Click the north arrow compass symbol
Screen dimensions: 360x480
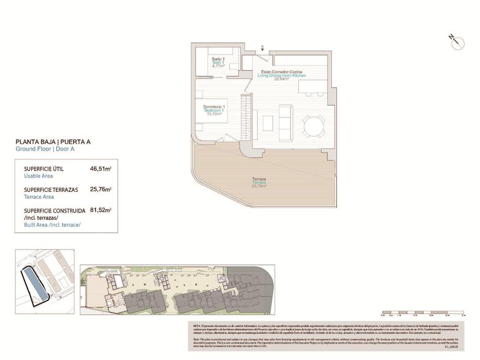(x=454, y=40)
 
